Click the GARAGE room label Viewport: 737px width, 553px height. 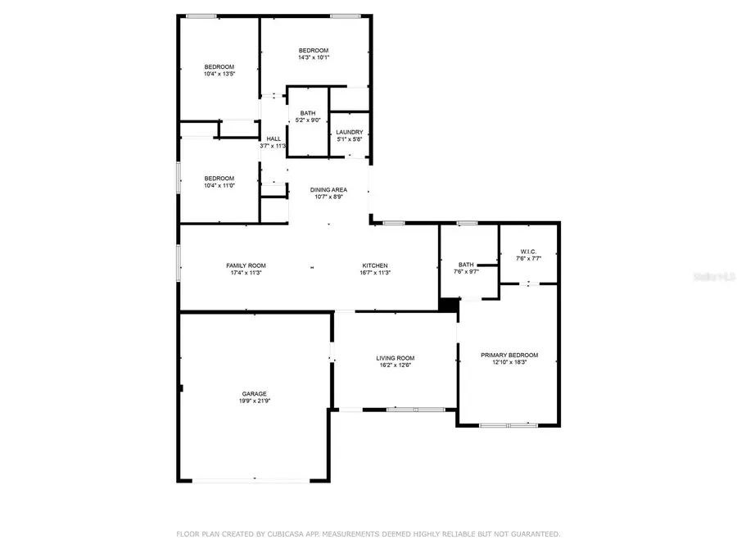click(x=253, y=393)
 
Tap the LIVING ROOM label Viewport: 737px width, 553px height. click(x=395, y=357)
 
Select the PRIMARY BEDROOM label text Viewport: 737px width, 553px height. click(x=509, y=355)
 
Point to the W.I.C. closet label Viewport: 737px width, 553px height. click(x=528, y=252)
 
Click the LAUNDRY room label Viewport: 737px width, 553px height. click(x=350, y=132)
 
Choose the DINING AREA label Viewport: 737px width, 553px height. click(x=328, y=189)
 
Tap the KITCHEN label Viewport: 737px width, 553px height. click(x=375, y=265)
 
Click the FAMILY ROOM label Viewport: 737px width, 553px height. click(x=246, y=265)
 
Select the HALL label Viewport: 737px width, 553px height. click(x=274, y=138)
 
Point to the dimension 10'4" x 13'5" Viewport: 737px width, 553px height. click(x=219, y=74)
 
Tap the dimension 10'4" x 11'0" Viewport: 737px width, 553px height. click(x=219, y=185)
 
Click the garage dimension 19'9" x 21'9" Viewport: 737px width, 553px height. click(x=253, y=401)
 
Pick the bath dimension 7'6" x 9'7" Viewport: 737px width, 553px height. click(x=466, y=272)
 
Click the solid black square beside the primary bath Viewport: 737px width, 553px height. click(x=448, y=304)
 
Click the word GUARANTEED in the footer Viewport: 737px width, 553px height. click(x=531, y=534)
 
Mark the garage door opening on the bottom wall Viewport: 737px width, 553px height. click(x=253, y=480)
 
